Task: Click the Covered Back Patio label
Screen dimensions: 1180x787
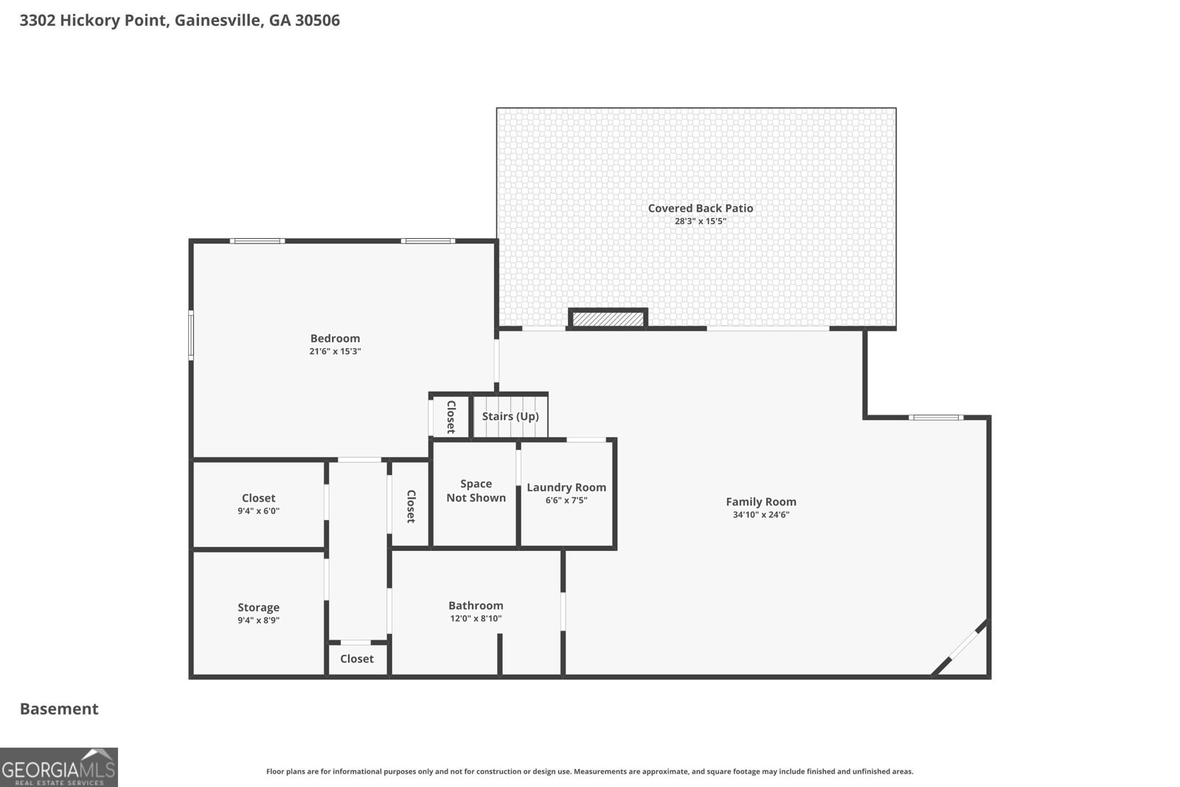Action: click(700, 208)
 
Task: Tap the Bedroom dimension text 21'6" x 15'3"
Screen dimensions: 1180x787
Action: click(335, 351)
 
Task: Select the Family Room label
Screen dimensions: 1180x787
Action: click(760, 502)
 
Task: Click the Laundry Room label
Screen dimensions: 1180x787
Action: click(566, 488)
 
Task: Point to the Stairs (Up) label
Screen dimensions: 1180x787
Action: click(510, 416)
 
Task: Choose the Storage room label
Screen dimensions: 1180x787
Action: click(258, 607)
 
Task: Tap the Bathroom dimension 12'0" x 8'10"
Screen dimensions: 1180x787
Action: click(476, 618)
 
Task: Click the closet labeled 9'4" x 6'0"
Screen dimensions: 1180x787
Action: click(258, 504)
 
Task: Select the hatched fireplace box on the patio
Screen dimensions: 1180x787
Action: click(608, 319)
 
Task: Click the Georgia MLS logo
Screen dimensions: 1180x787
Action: click(58, 767)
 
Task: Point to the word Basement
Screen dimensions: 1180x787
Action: click(59, 709)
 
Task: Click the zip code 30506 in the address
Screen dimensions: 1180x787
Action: click(317, 21)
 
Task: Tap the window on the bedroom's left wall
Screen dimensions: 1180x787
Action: click(191, 336)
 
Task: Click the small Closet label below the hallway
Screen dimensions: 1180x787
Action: click(357, 659)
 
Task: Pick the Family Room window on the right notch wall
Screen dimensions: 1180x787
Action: click(936, 417)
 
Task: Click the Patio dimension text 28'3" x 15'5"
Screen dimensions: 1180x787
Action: click(700, 221)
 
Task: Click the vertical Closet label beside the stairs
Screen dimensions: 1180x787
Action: click(451, 417)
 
